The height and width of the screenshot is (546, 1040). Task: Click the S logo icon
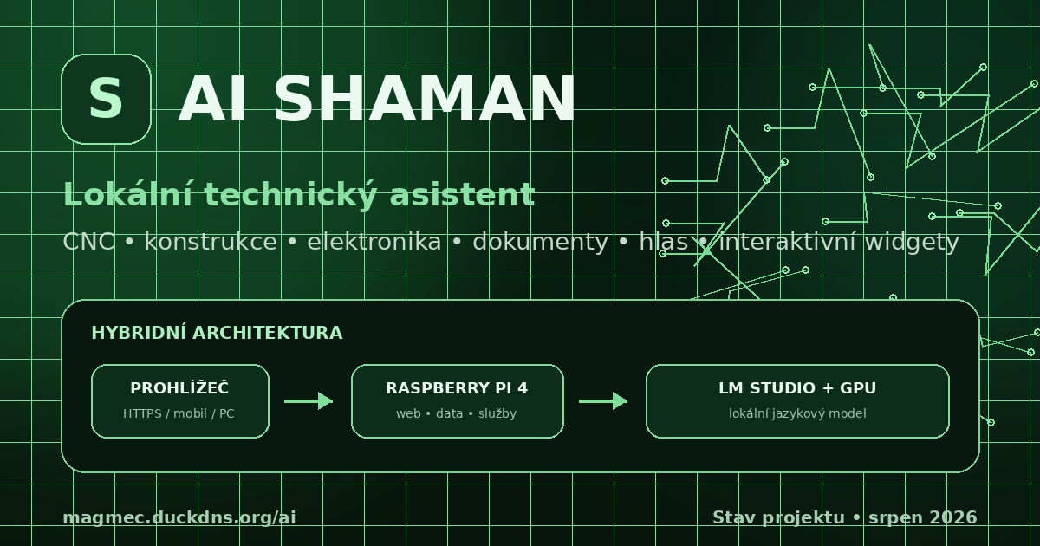coord(106,99)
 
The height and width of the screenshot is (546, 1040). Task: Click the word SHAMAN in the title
coord(425,100)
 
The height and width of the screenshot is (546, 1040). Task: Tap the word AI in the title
coord(212,100)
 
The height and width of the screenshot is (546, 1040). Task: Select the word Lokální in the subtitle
coord(128,194)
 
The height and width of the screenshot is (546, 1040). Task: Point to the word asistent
coord(463,194)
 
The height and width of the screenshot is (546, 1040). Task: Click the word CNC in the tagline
coord(88,242)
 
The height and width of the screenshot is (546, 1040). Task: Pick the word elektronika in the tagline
coord(374,242)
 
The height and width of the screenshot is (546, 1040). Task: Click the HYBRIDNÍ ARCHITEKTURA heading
coord(217,333)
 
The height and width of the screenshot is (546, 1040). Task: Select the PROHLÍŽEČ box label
coord(179,387)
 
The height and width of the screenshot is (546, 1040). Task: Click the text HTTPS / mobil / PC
coord(179,413)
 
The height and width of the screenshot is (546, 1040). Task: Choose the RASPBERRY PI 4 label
coord(457,388)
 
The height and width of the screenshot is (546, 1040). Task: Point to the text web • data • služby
coord(457,413)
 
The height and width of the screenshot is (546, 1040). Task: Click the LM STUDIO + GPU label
coord(797,388)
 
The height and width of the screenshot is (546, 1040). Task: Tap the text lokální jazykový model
coord(797,413)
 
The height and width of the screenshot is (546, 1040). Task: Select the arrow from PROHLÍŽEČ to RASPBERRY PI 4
coord(309,401)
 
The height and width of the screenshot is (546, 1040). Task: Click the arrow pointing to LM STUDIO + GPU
coord(603,401)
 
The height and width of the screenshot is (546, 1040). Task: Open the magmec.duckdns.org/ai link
coord(179,517)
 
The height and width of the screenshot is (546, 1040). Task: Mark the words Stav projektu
coord(778,518)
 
